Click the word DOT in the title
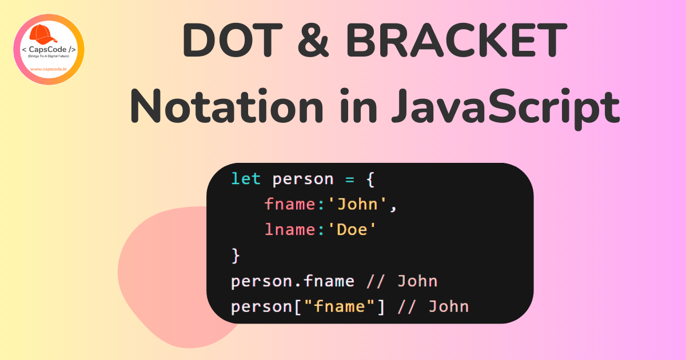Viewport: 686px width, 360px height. [x=232, y=40]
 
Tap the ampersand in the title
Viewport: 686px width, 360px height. [x=313, y=40]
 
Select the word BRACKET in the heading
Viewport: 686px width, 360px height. [x=456, y=40]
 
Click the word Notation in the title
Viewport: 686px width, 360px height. [x=226, y=106]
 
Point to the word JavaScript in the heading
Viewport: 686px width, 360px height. [x=505, y=109]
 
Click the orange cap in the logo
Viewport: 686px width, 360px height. [x=43, y=34]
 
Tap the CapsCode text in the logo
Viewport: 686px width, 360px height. [x=49, y=50]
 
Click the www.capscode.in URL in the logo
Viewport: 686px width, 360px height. [x=49, y=69]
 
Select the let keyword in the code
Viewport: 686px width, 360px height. [x=246, y=178]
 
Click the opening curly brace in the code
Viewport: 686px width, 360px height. [x=370, y=179]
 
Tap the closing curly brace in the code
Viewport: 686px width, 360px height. [x=236, y=256]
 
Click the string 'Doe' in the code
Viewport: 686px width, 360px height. [x=352, y=229]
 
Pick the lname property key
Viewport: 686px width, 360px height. [x=290, y=229]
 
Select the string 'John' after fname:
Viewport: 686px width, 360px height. [x=357, y=204]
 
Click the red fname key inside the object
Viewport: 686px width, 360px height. [x=290, y=204]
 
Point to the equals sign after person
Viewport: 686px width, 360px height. [x=350, y=179]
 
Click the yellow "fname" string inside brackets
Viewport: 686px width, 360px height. [x=340, y=306]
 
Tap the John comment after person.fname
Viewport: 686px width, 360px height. [x=417, y=281]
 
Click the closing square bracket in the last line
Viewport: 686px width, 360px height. [x=381, y=307]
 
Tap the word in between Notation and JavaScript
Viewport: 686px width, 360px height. [x=358, y=106]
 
